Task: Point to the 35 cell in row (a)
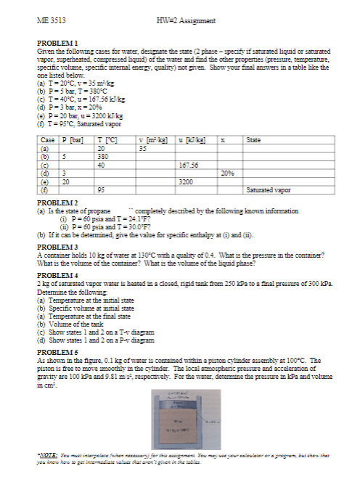[x=143, y=145]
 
